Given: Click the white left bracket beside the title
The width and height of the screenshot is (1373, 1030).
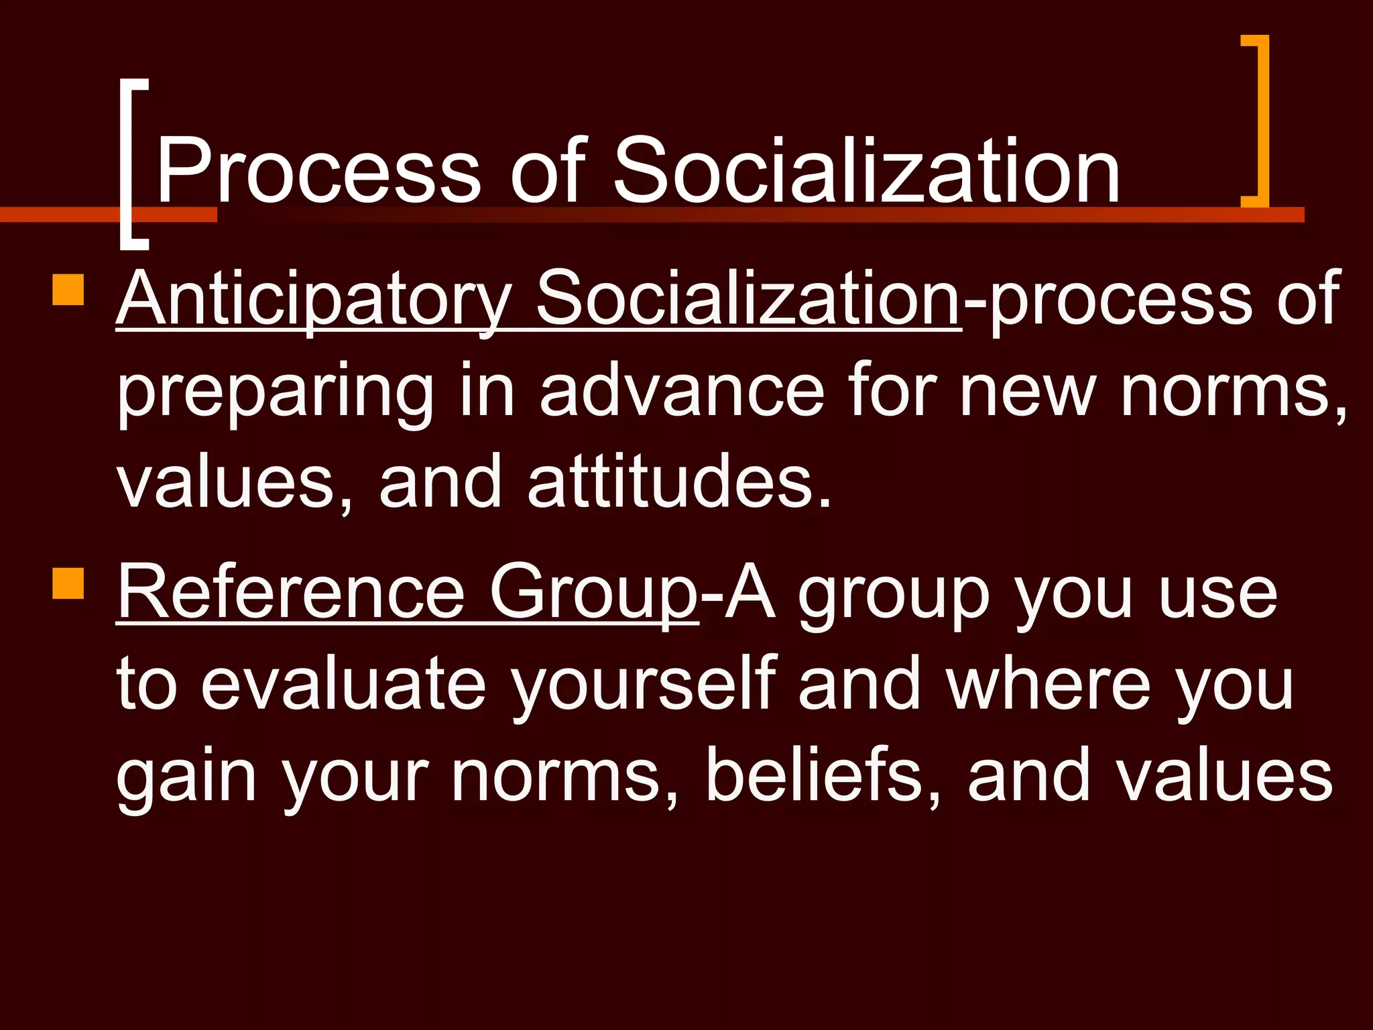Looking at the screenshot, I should [131, 164].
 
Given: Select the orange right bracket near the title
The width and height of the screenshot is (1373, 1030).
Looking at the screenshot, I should [1258, 121].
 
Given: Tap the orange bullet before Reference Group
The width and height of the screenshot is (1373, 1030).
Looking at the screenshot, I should [68, 583].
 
